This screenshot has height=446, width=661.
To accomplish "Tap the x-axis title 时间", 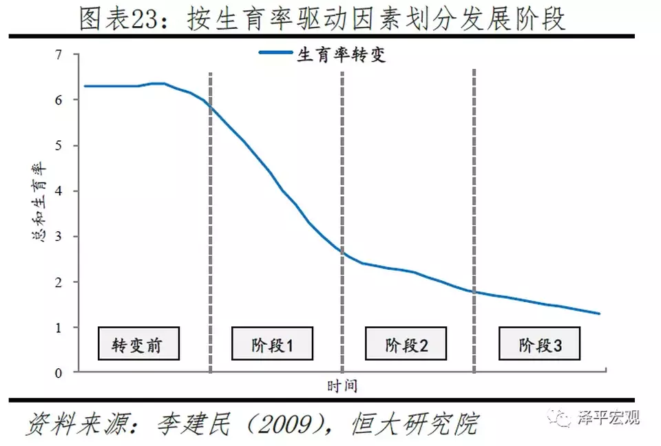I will click(x=342, y=385).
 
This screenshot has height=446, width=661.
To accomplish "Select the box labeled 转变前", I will click(x=137, y=343).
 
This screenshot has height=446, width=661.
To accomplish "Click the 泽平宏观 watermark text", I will click(x=609, y=417).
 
